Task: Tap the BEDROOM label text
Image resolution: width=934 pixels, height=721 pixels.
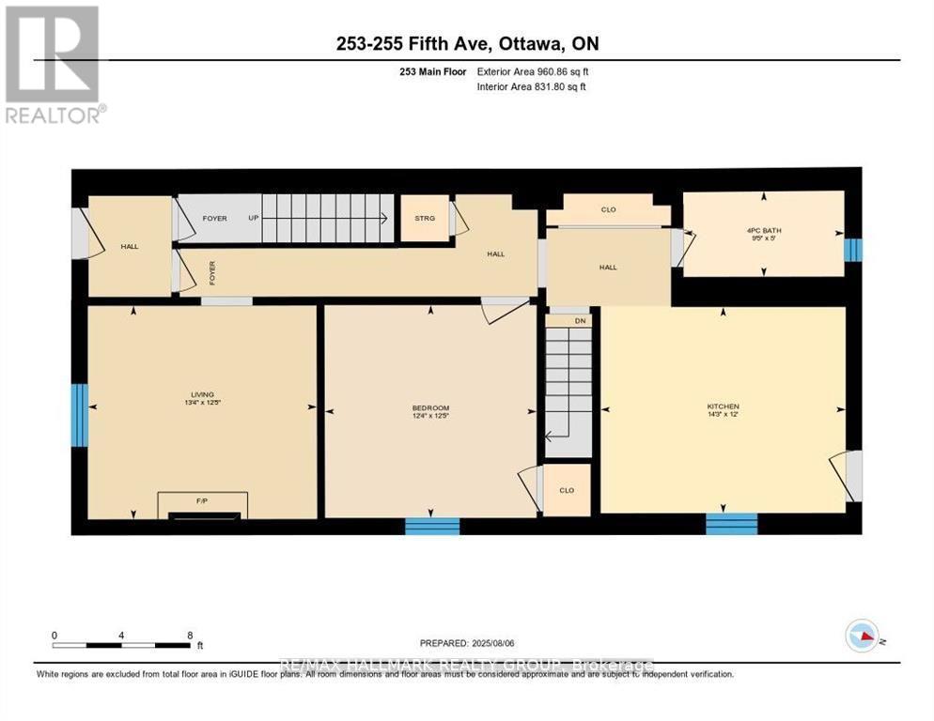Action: pyautogui.click(x=430, y=407)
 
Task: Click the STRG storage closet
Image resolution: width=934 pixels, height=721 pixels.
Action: pyautogui.click(x=425, y=219)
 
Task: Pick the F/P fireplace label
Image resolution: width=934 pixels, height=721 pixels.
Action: pyautogui.click(x=201, y=501)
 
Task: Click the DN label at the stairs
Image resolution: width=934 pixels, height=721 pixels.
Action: pyautogui.click(x=580, y=321)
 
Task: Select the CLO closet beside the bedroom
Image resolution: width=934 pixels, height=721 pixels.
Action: pyautogui.click(x=567, y=490)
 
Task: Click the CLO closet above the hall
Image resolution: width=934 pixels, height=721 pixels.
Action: pyautogui.click(x=608, y=209)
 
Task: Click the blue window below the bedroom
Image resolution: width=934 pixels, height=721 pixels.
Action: pyautogui.click(x=432, y=526)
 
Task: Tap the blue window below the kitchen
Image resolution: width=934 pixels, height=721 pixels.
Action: pyautogui.click(x=731, y=524)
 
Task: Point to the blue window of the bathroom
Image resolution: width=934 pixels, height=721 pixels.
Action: pyautogui.click(x=851, y=250)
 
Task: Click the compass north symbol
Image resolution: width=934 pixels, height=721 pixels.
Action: pyautogui.click(x=861, y=636)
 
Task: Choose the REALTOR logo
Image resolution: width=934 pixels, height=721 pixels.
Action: pyautogui.click(x=54, y=64)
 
